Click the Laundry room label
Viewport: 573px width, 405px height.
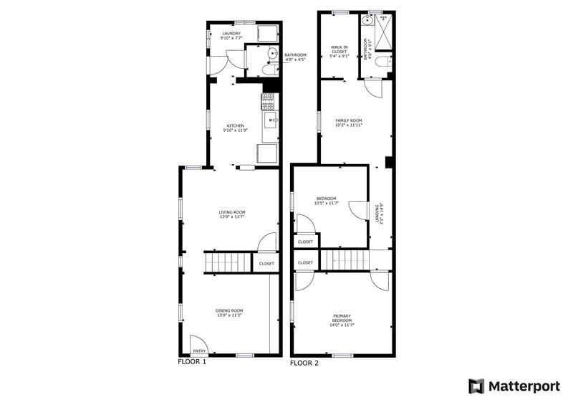click(x=231, y=36)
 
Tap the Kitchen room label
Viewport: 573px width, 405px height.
click(x=236, y=128)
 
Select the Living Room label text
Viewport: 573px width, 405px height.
click(x=232, y=214)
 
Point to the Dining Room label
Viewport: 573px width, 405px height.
click(x=230, y=313)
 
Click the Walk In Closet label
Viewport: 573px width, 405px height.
click(x=339, y=52)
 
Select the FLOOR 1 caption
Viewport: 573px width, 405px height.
click(x=192, y=362)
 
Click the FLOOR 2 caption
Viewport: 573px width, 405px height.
click(x=304, y=363)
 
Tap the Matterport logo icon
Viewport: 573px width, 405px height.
click(x=476, y=386)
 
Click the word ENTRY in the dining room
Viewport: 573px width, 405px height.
click(x=199, y=351)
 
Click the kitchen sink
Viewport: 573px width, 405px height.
click(x=271, y=120)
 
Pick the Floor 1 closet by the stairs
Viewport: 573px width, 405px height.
click(x=266, y=264)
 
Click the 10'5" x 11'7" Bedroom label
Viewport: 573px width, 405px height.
click(x=326, y=201)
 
